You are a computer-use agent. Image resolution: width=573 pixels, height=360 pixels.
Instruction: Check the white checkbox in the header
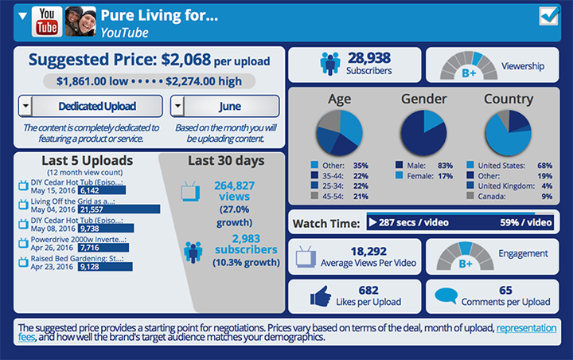pyautogui.click(x=549, y=17)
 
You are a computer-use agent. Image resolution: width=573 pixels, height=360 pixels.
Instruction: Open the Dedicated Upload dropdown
pyautogui.click(x=90, y=106)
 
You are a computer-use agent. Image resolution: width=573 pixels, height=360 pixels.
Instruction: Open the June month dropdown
pyautogui.click(x=225, y=106)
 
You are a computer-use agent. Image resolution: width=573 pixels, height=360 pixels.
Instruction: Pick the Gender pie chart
pyautogui.click(x=423, y=133)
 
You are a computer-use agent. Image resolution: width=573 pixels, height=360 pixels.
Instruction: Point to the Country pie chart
pyautogui.click(x=508, y=133)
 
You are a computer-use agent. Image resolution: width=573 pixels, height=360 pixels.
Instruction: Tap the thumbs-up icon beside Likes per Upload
pyautogui.click(x=320, y=295)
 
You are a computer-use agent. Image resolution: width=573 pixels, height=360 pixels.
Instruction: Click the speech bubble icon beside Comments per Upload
pyautogui.click(x=446, y=297)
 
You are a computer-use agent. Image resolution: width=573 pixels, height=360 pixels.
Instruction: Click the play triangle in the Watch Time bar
pyautogui.click(x=371, y=223)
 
